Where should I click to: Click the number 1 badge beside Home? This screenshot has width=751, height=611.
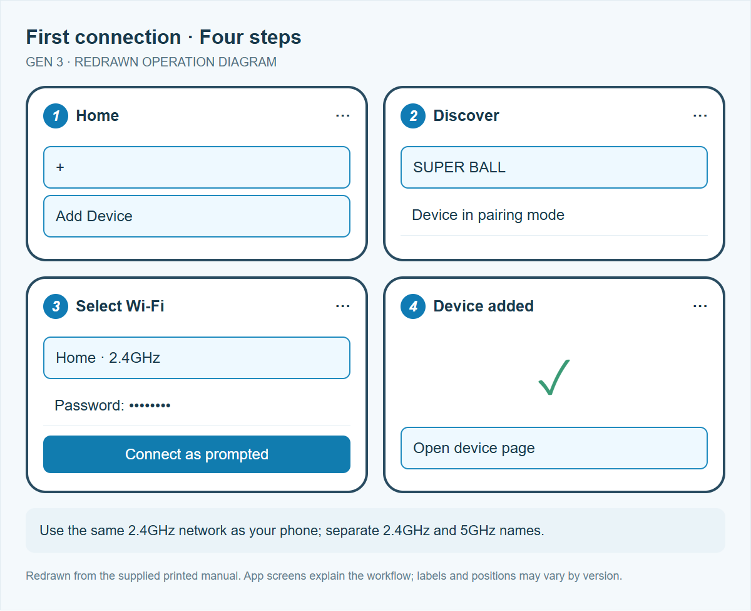[x=56, y=116]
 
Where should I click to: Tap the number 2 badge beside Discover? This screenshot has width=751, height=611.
[x=413, y=116]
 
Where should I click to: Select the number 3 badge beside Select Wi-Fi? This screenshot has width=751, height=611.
[x=56, y=306]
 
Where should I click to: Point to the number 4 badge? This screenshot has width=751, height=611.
[x=413, y=306]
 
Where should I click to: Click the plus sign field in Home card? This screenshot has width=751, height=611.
[x=197, y=167]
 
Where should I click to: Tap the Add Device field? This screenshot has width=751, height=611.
[x=197, y=216]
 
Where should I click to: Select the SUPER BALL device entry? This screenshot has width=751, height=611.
[x=554, y=167]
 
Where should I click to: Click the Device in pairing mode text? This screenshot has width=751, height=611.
[x=488, y=215]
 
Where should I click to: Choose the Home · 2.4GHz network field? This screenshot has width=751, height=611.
[x=197, y=358]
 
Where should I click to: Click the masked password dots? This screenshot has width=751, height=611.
[x=150, y=406]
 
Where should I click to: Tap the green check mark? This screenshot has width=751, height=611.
[x=554, y=377]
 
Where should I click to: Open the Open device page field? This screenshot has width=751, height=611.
[x=554, y=448]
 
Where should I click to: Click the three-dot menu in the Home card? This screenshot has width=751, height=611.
[x=343, y=115]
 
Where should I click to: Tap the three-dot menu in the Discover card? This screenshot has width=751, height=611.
[x=700, y=115]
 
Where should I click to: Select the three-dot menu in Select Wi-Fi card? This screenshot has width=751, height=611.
[x=343, y=306]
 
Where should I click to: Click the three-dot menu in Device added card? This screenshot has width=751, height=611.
[x=700, y=306]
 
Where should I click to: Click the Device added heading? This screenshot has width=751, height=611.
[x=483, y=306]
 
